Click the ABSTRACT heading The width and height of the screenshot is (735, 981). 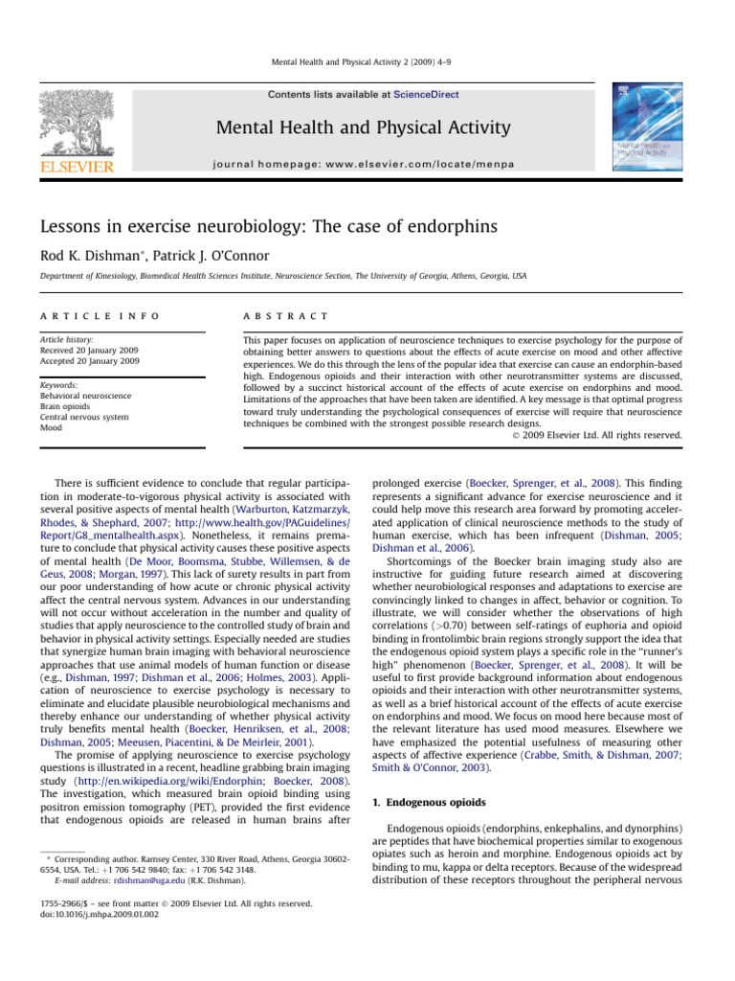click(x=285, y=315)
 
